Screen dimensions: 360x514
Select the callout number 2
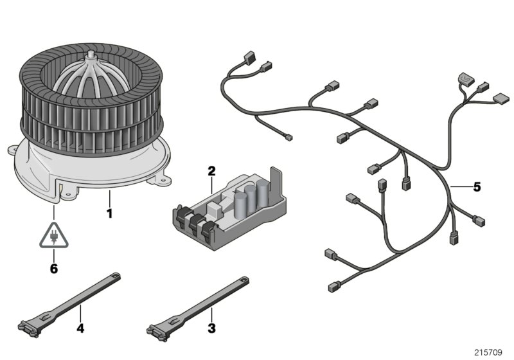211,171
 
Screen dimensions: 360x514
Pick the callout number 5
476,187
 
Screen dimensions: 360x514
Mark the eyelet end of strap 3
244,280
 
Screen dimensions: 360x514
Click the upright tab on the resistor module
276,184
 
